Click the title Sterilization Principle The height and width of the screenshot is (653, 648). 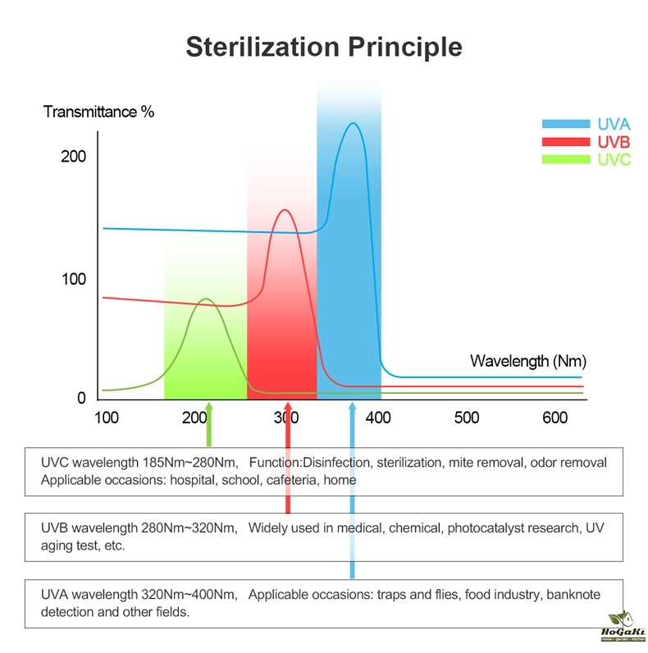click(x=323, y=46)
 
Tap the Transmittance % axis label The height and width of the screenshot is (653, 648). click(x=98, y=112)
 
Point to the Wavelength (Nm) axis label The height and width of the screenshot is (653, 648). click(x=528, y=361)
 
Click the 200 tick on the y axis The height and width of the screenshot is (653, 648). click(x=73, y=157)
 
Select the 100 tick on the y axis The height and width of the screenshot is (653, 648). click(x=73, y=279)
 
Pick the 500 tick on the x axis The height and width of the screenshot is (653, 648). click(x=466, y=418)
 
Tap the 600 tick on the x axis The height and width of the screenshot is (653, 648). click(x=554, y=418)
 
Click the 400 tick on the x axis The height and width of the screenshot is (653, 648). click(x=377, y=418)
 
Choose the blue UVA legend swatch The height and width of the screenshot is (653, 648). click(x=566, y=125)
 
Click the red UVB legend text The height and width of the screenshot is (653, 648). click(x=614, y=143)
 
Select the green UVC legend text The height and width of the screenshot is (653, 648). click(x=614, y=160)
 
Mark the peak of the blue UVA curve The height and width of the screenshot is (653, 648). click(x=353, y=124)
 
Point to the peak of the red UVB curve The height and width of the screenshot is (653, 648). click(x=285, y=210)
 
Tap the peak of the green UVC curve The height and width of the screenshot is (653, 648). click(x=205, y=299)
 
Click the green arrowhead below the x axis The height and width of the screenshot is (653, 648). click(x=209, y=408)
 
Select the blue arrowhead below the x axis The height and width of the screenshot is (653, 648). click(x=352, y=408)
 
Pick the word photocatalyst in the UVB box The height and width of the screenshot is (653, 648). click(x=484, y=528)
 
